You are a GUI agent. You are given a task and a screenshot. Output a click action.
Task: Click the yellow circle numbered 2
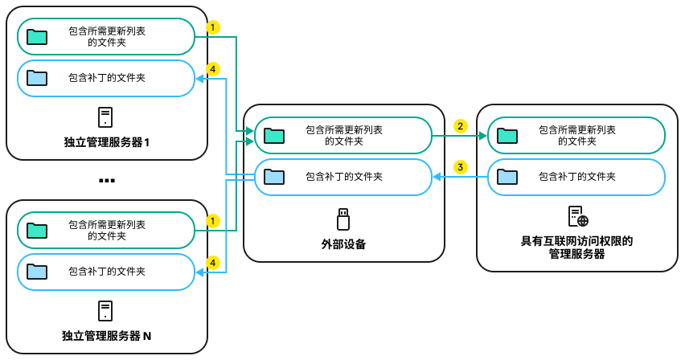point(460,126)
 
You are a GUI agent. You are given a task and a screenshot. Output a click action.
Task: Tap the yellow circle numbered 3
point(460,167)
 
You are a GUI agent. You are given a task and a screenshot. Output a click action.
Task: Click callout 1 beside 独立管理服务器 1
point(212,27)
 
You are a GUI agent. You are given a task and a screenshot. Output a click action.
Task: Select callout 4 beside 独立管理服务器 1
point(212,70)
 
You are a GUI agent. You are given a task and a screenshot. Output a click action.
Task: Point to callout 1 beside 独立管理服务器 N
point(212,219)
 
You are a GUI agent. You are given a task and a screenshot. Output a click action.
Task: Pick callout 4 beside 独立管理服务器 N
point(212,262)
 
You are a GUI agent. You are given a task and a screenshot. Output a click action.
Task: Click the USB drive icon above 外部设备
point(343,218)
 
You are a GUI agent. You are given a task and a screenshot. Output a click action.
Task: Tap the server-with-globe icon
point(577,217)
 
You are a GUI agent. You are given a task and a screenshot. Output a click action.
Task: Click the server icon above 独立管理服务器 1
point(105,117)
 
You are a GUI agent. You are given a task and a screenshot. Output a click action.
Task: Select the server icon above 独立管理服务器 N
point(105,311)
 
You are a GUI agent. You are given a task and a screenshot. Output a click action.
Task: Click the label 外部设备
point(343,243)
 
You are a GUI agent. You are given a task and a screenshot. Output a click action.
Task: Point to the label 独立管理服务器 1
point(107,141)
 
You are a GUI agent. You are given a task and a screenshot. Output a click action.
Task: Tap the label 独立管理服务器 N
point(107,335)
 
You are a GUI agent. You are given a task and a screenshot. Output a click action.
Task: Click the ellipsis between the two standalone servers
point(107,181)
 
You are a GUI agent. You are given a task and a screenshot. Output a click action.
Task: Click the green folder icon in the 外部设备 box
point(275,134)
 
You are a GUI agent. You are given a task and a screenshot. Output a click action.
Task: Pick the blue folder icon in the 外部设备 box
point(275,176)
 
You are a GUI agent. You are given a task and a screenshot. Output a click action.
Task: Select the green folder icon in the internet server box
point(507,134)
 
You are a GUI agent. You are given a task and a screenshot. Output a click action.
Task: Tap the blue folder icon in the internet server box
point(507,176)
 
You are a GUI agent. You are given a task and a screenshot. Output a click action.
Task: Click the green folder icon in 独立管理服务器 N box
point(37,230)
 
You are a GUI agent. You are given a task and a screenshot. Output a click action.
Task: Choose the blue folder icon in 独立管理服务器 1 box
point(37,77)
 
